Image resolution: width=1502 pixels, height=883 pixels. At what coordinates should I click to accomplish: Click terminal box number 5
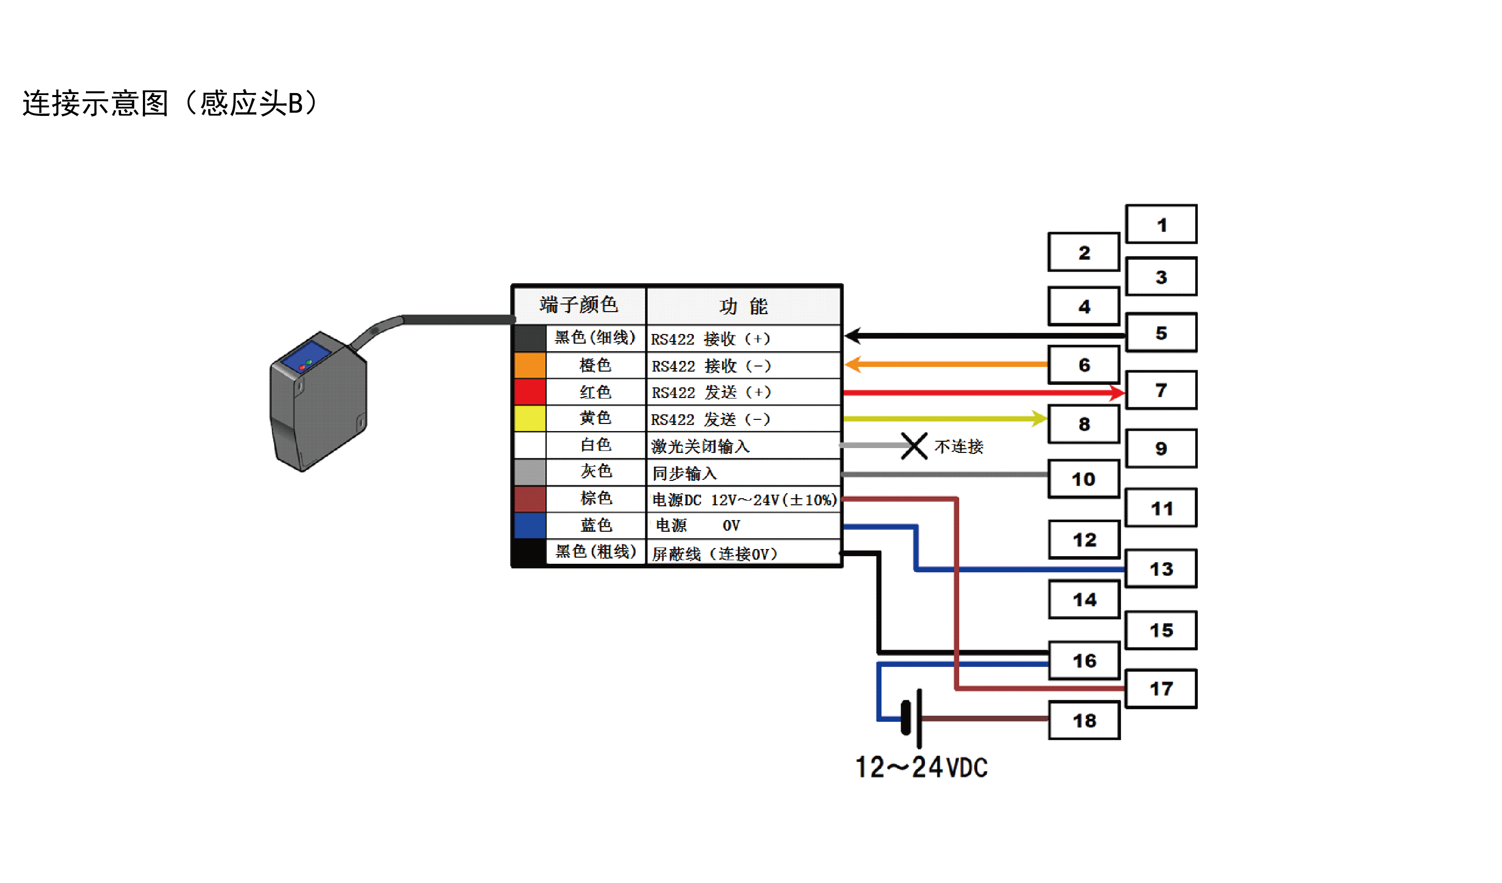tap(1161, 332)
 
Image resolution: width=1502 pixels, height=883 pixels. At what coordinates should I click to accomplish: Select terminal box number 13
tap(1161, 568)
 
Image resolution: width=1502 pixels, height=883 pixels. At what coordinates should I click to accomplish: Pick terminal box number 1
tap(1161, 225)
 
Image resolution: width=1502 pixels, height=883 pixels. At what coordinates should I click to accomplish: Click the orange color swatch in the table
tap(529, 365)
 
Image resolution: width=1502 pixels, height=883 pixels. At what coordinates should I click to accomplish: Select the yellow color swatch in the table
tap(529, 418)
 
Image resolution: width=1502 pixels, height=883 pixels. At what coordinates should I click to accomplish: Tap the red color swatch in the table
tap(529, 391)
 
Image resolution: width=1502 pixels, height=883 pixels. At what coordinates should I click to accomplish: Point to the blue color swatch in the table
tap(529, 525)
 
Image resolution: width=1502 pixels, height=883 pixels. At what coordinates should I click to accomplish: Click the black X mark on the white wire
tap(913, 446)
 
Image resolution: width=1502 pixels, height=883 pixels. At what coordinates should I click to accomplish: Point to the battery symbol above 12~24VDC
tap(912, 718)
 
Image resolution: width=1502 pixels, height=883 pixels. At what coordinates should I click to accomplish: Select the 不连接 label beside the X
tap(958, 446)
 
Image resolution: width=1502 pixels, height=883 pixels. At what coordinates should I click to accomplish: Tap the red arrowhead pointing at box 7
tap(1116, 392)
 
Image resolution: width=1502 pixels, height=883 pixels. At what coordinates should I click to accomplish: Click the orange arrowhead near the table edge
tap(853, 364)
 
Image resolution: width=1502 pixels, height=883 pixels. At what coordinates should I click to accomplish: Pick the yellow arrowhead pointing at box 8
tap(1039, 418)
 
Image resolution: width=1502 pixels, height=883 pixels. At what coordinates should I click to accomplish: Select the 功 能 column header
tap(743, 306)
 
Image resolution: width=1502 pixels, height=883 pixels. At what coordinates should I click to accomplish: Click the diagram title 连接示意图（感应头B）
tap(170, 103)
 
